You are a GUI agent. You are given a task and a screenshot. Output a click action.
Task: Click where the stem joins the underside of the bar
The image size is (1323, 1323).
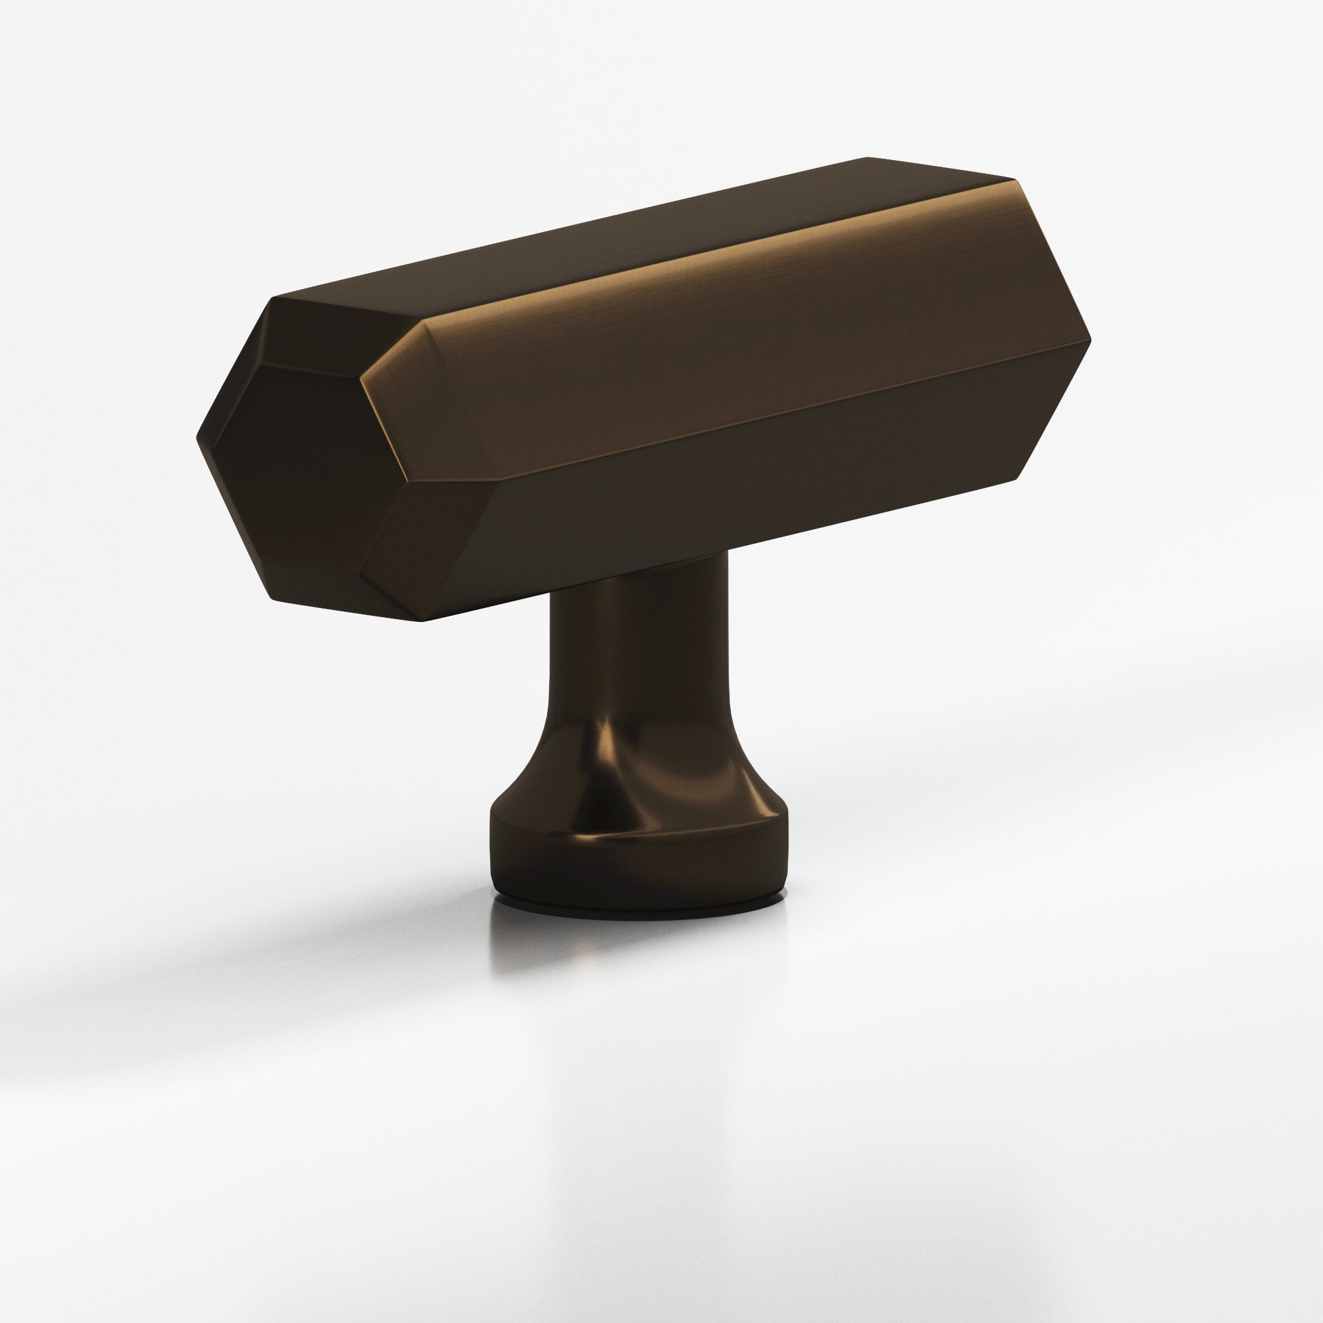(637, 572)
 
